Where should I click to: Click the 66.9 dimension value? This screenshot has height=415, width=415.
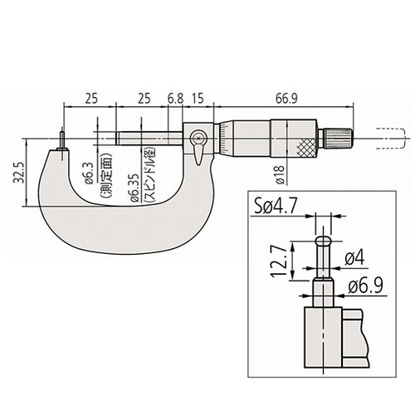[286, 99]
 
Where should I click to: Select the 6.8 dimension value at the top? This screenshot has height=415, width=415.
[175, 99]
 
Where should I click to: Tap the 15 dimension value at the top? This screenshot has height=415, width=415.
[198, 99]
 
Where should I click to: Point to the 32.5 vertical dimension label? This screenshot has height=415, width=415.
[19, 173]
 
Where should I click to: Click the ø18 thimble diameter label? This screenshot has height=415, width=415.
[280, 174]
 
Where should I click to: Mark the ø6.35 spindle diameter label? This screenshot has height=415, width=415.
[133, 188]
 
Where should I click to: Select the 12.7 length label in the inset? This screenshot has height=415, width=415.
[278, 261]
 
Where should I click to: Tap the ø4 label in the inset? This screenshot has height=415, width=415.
[354, 259]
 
